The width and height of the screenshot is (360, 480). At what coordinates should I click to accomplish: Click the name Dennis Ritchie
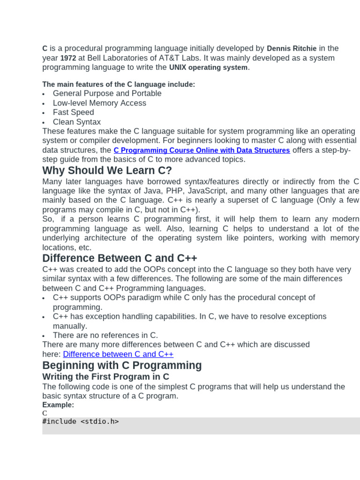click(292, 48)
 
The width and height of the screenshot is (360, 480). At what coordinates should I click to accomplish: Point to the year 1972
click(68, 58)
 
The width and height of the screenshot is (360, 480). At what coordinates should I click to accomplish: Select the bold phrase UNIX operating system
click(208, 67)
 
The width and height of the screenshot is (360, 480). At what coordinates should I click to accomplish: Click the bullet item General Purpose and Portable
click(107, 93)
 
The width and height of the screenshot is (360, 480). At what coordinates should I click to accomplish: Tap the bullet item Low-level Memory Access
click(99, 103)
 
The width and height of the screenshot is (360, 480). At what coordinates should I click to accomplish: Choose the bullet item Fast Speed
click(73, 112)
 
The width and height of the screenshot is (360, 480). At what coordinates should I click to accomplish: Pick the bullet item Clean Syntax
click(76, 122)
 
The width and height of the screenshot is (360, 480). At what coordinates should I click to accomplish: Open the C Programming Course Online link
click(202, 150)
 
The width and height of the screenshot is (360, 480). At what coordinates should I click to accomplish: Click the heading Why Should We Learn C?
click(107, 170)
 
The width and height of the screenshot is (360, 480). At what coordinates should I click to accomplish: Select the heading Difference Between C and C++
click(120, 258)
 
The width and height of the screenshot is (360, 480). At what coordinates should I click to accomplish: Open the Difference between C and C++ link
click(118, 354)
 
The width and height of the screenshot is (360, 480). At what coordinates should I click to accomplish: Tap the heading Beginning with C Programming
click(122, 365)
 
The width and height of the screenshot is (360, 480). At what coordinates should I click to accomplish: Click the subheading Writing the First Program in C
click(105, 376)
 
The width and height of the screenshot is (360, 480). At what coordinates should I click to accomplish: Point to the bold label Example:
click(58, 405)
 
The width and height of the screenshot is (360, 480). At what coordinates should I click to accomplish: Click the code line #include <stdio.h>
click(80, 421)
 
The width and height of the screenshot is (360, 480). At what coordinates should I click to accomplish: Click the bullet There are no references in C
click(105, 335)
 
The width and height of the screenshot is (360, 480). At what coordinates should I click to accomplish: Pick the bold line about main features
click(119, 84)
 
